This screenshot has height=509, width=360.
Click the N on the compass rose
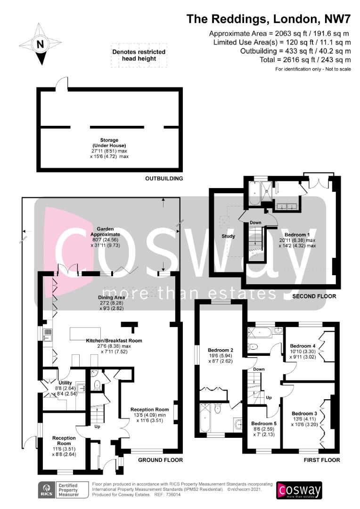pyautogui.click(x=40, y=44)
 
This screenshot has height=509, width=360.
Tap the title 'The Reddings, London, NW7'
pyautogui.click(x=269, y=19)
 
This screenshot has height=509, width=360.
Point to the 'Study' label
pyautogui.click(x=228, y=236)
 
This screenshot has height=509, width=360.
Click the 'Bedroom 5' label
pyautogui.click(x=264, y=424)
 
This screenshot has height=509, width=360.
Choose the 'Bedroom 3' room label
pyautogui.click(x=304, y=414)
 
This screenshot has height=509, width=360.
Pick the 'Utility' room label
pyautogui.click(x=65, y=383)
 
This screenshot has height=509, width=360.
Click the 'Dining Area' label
pyautogui.click(x=111, y=297)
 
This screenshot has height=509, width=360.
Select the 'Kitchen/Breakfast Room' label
pyautogui.click(x=114, y=341)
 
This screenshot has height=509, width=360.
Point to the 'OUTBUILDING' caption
pyautogui.click(x=164, y=179)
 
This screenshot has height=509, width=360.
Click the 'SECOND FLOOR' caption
pyautogui.click(x=314, y=296)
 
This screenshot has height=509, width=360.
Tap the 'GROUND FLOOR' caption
pyautogui.click(x=160, y=460)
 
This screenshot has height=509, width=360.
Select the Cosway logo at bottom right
pyautogui.click(x=299, y=490)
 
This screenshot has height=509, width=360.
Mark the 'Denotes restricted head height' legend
pyautogui.click(x=139, y=55)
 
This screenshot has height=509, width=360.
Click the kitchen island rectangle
pyautogui.click(x=85, y=334)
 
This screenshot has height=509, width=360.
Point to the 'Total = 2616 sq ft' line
pyautogui.click(x=305, y=60)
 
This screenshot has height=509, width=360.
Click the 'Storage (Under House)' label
pyautogui.click(x=109, y=143)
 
